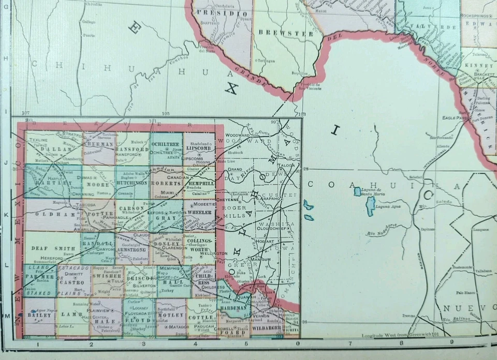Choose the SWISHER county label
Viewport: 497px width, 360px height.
tap(108, 277)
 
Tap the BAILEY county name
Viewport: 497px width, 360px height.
tap(39, 314)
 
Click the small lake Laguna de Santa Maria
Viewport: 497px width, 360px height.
tap(357, 191)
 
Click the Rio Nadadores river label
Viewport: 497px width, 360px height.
tap(381, 229)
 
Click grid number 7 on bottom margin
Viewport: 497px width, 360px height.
tap(350, 342)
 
